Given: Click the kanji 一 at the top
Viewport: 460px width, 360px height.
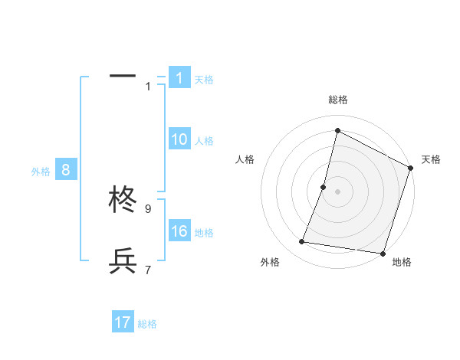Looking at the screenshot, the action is pyautogui.click(x=123, y=77).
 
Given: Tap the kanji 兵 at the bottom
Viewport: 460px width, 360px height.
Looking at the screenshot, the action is pyautogui.click(x=123, y=262).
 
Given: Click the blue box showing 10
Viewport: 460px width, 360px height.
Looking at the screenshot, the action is pyautogui.click(x=179, y=139).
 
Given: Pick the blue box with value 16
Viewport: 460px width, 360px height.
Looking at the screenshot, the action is pyautogui.click(x=179, y=232).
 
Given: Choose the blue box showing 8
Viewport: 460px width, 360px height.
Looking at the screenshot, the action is pyautogui.click(x=66, y=171).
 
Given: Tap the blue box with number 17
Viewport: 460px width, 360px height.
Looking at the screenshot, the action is pyautogui.click(x=123, y=322).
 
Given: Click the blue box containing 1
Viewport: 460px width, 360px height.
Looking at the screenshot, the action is pyautogui.click(x=179, y=78).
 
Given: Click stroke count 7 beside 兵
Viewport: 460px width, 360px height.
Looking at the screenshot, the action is pyautogui.click(x=148, y=270).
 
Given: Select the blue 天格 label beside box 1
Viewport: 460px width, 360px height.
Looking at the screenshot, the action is pyautogui.click(x=204, y=80).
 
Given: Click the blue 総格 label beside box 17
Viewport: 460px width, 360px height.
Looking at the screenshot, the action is pyautogui.click(x=147, y=324).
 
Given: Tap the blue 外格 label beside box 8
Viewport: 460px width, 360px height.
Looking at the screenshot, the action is pyautogui.click(x=41, y=172).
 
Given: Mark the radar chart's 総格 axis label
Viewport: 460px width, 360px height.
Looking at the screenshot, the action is pyautogui.click(x=337, y=100).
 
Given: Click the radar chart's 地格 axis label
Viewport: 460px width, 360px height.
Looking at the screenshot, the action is pyautogui.click(x=402, y=262).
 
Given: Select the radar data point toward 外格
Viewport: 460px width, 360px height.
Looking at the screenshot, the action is pyautogui.click(x=302, y=242).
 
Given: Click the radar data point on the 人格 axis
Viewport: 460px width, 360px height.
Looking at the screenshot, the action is pyautogui.click(x=324, y=187).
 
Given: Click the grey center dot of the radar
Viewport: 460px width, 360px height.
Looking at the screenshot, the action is pyautogui.click(x=337, y=191).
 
